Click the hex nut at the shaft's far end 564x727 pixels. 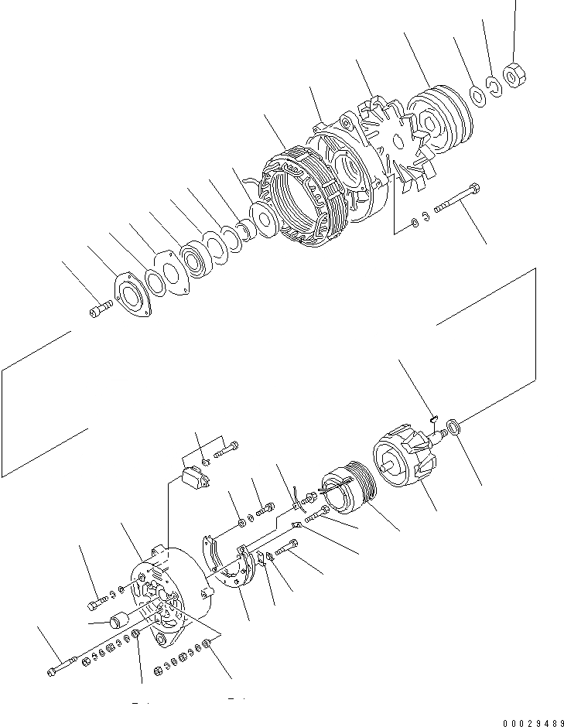(512, 74)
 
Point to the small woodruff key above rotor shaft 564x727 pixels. (436, 421)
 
